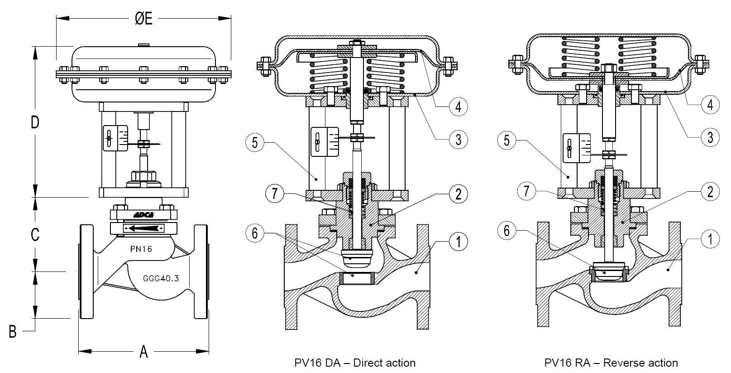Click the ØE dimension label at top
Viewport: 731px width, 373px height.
pos(143,19)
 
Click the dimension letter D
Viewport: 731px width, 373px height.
pos(35,122)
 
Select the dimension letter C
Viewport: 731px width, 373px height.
pos(35,234)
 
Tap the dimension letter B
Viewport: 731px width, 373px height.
pos(13,331)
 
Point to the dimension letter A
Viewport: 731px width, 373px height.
pos(143,351)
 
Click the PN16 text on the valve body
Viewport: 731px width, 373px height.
pos(141,249)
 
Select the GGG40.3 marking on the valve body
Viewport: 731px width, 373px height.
pos(160,278)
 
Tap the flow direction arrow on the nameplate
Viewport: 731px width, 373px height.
pos(143,228)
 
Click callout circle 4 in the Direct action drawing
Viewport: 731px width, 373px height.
pos(458,107)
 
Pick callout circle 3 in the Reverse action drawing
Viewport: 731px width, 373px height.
pos(710,136)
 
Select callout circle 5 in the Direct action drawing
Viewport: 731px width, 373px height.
pos(255,143)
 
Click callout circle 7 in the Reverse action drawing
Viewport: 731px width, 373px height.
pos(526,191)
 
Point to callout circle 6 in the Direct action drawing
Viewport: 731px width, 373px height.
pos(255,233)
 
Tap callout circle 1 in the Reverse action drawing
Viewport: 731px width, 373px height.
pos(710,239)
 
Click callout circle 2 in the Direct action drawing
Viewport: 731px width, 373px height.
pos(458,194)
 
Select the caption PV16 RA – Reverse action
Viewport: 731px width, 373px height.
pos(612,363)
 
